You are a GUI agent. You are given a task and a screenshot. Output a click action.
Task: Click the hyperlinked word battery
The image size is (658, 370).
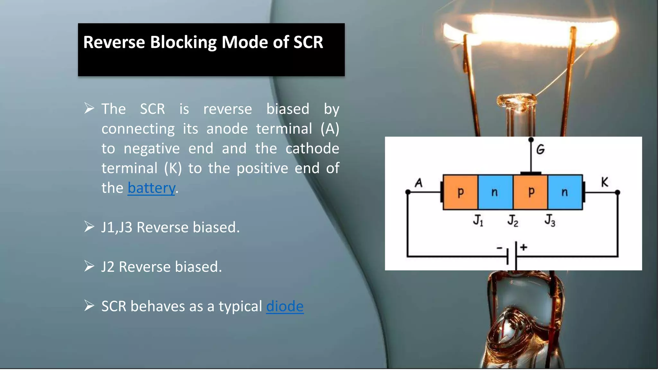coord(151,188)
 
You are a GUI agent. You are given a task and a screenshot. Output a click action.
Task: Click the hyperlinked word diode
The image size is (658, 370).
coord(285,306)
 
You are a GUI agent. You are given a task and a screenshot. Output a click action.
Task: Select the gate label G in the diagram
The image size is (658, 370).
coord(540,149)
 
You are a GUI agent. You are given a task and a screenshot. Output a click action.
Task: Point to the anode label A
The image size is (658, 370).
coord(418,183)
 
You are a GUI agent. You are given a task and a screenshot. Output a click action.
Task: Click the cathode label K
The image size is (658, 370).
coord(604,182)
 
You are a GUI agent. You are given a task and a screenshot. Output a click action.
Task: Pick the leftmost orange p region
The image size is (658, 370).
coord(460,192)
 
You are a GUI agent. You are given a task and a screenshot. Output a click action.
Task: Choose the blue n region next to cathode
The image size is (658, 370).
coord(565,192)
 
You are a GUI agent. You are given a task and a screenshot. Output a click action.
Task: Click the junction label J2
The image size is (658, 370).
coord(513,221)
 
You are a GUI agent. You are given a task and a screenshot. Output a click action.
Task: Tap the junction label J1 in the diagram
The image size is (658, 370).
coord(478,220)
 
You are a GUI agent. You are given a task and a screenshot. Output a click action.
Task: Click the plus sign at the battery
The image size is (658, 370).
coord(524,247)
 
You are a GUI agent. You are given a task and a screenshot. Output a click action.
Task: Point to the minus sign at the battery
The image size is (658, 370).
coord(499,248)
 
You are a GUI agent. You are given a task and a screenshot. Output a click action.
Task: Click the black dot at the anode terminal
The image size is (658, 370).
coord(408,192)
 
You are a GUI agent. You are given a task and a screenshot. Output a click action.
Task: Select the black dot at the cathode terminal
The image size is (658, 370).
coord(617,192)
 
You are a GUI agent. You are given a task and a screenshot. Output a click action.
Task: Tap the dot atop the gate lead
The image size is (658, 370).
coord(531,140)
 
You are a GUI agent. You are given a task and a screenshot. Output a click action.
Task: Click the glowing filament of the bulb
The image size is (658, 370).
coord(530,31)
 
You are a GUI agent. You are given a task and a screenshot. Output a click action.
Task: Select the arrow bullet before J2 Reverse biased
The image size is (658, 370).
coord(89,266)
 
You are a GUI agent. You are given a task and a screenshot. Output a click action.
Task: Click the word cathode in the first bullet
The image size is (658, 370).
coord(312,148)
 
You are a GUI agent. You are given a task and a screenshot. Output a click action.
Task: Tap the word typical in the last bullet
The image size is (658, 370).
coord(240,306)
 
